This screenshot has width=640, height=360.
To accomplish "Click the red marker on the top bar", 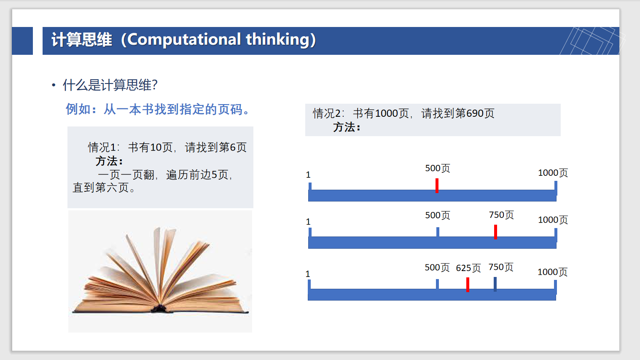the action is pyautogui.click(x=437, y=186).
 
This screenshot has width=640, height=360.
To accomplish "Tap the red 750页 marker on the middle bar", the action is pyautogui.click(x=495, y=232).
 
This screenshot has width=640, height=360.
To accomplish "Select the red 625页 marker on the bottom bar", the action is pyautogui.click(x=468, y=285).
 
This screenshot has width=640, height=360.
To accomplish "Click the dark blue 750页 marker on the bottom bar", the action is pyautogui.click(x=495, y=284).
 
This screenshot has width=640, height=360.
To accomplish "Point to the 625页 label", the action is pyautogui.click(x=468, y=268).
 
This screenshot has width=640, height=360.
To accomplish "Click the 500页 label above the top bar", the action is pyautogui.click(x=438, y=168).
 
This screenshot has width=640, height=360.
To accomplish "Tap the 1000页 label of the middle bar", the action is pyautogui.click(x=553, y=220).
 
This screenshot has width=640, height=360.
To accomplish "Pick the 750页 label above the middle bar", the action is pyautogui.click(x=501, y=215).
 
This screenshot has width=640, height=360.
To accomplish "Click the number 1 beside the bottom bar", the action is pyautogui.click(x=308, y=274).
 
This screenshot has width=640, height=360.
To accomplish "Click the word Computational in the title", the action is pyautogui.click(x=184, y=40).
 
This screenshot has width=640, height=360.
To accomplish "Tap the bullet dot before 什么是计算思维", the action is pyautogui.click(x=54, y=85).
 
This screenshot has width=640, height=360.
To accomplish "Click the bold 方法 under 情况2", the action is pyautogui.click(x=347, y=127).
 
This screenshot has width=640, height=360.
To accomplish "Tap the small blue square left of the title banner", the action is pyautogui.click(x=22, y=41).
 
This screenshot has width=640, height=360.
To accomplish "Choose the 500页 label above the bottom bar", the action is pyautogui.click(x=437, y=267).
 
